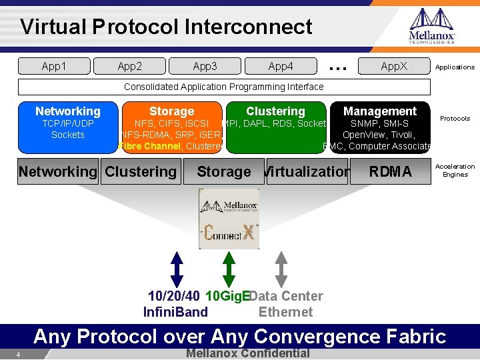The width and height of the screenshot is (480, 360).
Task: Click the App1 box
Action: pos(54,66)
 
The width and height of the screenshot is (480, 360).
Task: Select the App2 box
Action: pos(129,66)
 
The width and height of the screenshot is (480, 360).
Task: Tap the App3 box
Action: pos(205,66)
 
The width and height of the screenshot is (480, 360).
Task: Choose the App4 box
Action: pos(280,66)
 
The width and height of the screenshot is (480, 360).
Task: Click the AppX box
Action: pos(393,66)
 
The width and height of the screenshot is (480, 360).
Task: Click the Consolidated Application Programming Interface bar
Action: pos(224,87)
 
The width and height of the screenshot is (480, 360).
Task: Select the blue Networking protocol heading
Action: pos(67,111)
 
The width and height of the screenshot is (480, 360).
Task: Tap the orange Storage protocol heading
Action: pos(171,111)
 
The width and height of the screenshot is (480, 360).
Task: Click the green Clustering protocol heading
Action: pos(275,111)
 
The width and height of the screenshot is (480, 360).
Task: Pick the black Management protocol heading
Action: pos(379,111)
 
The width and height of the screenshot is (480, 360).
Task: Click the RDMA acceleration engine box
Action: pos(390,171)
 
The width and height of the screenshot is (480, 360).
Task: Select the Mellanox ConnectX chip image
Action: pos(229,219)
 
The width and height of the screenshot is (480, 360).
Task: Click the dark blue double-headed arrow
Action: pos(176,269)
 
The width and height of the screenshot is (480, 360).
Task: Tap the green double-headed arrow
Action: pos(229,269)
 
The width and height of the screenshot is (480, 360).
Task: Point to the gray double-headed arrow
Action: pos(281,269)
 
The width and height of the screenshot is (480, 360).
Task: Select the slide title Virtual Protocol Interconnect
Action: pos(166,27)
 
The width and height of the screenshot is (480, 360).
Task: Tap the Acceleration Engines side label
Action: pos(455,171)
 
